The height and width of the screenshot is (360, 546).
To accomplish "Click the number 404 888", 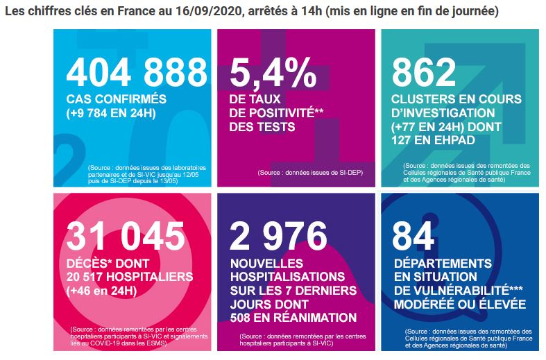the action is [137, 72].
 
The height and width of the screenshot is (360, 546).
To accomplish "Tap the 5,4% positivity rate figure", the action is [273, 73].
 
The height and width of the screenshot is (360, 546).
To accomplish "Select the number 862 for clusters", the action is [424, 72].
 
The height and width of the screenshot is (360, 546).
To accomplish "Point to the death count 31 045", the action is [126, 236].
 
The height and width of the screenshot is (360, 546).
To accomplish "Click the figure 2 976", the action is [278, 236].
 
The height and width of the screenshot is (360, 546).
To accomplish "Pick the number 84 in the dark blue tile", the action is [413, 236].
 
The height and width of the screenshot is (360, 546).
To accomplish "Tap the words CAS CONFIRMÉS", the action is [117, 99].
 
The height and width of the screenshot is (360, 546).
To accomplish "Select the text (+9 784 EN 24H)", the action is [111, 113].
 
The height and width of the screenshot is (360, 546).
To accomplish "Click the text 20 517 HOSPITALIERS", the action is [130, 277].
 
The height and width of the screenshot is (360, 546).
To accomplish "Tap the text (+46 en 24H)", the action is [101, 291].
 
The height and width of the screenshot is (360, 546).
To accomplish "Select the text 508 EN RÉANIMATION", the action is [293, 318].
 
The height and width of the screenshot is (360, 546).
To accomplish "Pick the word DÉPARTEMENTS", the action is [443, 263].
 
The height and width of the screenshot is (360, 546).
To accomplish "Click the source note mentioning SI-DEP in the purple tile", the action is [310, 172].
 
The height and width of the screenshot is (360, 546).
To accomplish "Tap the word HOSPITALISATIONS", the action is [288, 277].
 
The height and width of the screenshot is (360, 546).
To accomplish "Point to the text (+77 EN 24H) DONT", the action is [446, 127].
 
